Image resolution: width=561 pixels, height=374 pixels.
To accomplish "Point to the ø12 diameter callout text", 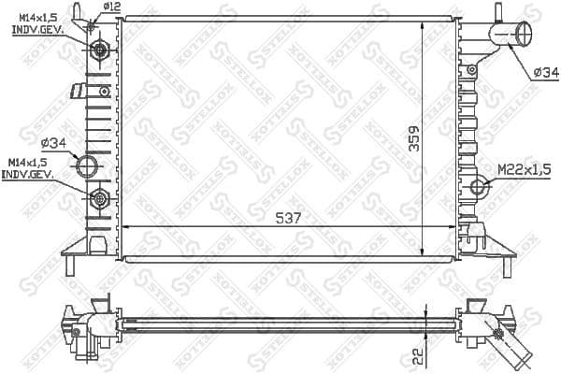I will (112, 7).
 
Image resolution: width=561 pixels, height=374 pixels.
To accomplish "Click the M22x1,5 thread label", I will (522, 170).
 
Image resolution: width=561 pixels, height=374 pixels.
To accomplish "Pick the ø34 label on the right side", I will (544, 72).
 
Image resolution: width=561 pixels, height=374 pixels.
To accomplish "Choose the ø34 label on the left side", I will (54, 142).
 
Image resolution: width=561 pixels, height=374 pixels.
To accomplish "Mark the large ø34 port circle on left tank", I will (87, 168).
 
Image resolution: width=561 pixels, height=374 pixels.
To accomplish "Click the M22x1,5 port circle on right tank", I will (478, 185).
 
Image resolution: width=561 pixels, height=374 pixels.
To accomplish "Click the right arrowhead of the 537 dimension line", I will (454, 227).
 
